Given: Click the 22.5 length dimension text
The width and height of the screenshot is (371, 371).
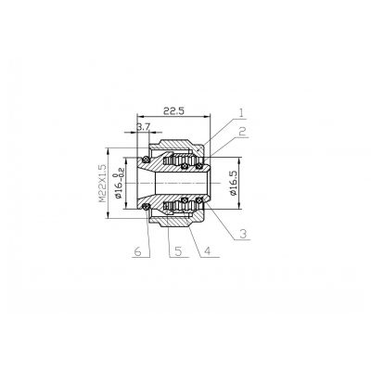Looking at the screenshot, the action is (x=173, y=111).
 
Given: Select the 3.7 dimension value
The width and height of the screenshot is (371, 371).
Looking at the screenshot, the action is (x=143, y=126).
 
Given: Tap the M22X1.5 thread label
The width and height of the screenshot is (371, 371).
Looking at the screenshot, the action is (x=102, y=183).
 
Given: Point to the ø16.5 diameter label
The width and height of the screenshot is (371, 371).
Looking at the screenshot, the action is (x=234, y=184).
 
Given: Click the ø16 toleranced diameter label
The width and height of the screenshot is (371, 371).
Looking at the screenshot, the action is (x=119, y=183).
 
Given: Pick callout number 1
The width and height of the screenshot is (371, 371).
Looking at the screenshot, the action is (x=241, y=112).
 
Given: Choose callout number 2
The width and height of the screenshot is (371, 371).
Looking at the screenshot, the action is (x=242, y=132).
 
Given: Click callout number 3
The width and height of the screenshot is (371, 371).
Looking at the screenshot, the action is (x=243, y=234).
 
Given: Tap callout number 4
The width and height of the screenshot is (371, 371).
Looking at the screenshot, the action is (x=207, y=251).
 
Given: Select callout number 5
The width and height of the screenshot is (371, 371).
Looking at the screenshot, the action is (x=178, y=251).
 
